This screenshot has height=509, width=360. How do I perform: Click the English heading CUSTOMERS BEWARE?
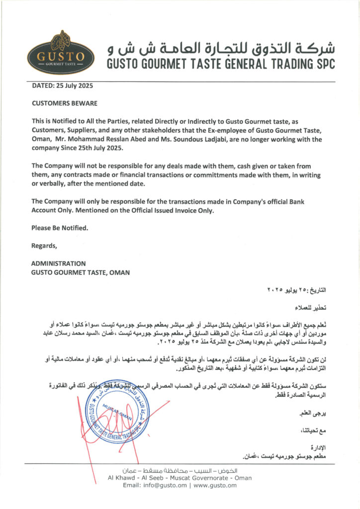click(64, 103)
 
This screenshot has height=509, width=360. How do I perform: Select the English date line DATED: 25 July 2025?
click(62, 85)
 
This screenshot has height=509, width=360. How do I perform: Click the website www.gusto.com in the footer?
click(215, 486)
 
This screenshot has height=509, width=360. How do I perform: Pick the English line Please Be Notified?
click(60, 228)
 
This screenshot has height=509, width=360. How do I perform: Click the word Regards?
click(44, 246)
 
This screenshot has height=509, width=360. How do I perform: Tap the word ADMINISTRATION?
click(58, 263)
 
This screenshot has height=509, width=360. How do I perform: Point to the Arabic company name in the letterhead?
click(221, 48)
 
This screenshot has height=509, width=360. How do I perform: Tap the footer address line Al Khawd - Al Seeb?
click(180, 478)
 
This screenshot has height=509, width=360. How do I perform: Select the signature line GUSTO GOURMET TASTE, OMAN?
click(81, 272)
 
